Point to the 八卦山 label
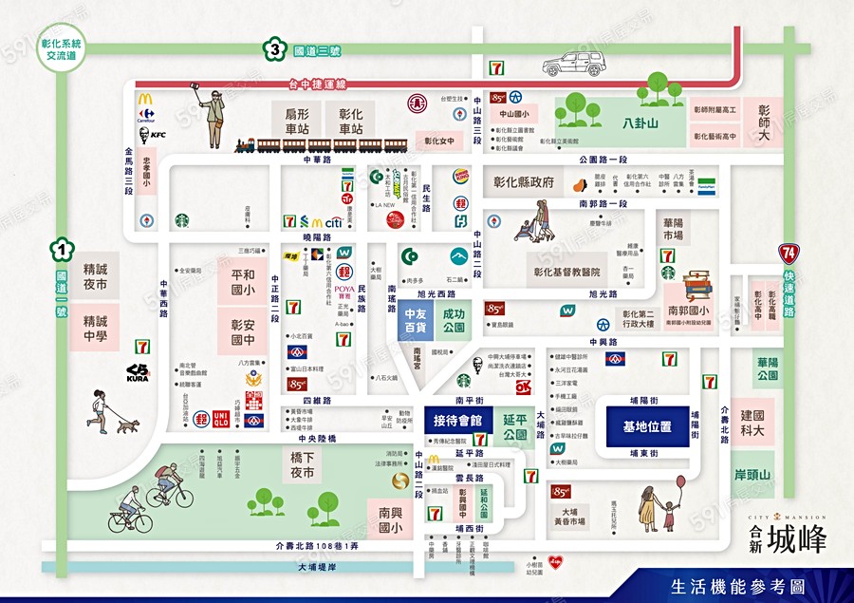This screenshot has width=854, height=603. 640,123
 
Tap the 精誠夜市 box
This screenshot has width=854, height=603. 95,276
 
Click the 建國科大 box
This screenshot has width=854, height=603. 757,424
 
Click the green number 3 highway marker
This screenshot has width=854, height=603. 274,50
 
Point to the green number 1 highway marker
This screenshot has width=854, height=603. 62,251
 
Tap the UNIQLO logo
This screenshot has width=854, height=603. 221,418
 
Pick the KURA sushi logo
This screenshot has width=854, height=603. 138,372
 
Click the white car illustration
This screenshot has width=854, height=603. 572,65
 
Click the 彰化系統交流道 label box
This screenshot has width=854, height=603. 63,49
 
